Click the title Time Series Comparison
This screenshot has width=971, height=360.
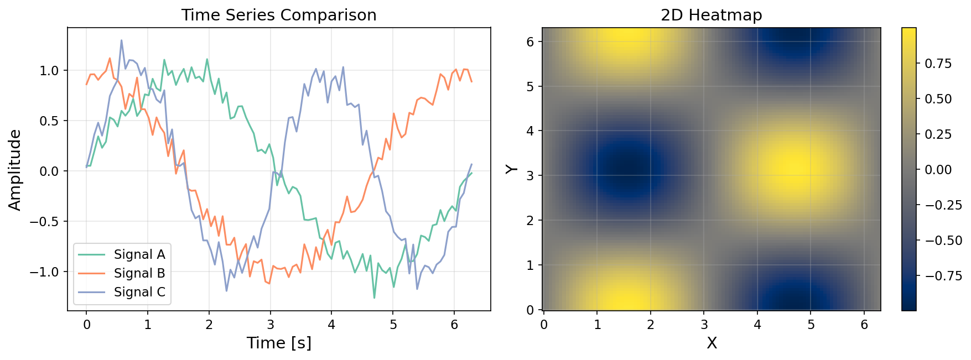pyautogui.click(x=279, y=15)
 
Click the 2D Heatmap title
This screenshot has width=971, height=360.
pyautogui.click(x=711, y=15)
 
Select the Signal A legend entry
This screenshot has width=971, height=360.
pyautogui.click(x=139, y=254)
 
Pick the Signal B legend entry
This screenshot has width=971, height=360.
pyautogui.click(x=139, y=273)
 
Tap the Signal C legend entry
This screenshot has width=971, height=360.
pyautogui.click(x=139, y=292)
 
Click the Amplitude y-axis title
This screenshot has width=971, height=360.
pyautogui.click(x=15, y=170)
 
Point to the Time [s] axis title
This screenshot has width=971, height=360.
pyautogui.click(x=279, y=343)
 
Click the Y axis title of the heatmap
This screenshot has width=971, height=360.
pyautogui.click(x=512, y=168)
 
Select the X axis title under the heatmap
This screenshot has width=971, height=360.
pyautogui.click(x=712, y=343)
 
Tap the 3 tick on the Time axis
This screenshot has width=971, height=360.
pyautogui.click(x=270, y=325)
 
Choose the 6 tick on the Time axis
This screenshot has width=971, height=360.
pyautogui.click(x=454, y=325)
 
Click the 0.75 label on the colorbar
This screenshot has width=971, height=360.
pyautogui.click(x=938, y=64)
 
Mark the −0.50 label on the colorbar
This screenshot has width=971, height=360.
pyautogui.click(x=940, y=241)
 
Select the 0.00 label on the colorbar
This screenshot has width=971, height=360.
pyautogui.click(x=938, y=170)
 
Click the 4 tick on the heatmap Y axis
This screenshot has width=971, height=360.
pyautogui.click(x=530, y=131)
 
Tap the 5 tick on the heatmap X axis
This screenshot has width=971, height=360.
pyautogui.click(x=811, y=325)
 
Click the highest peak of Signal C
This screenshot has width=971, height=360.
pyautogui.click(x=122, y=40)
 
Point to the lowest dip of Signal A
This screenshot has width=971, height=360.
pyautogui.click(x=374, y=298)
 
